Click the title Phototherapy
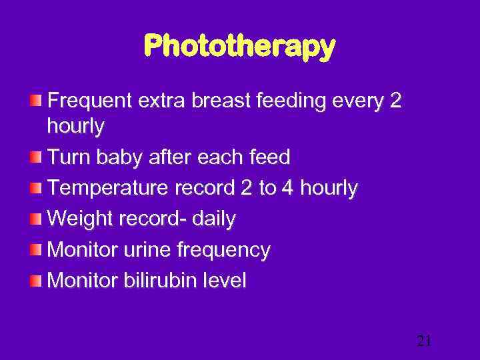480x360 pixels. click(x=239, y=47)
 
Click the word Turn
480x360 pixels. click(x=69, y=157)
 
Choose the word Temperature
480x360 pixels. click(x=109, y=189)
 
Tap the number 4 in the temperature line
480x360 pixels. click(x=287, y=189)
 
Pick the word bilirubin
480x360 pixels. click(x=155, y=281)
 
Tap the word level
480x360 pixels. click(x=222, y=281)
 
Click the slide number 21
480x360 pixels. click(x=424, y=341)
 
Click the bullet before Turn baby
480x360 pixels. click(x=35, y=157)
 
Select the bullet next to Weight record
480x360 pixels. click(x=35, y=219)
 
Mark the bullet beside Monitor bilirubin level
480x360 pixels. click(x=35, y=281)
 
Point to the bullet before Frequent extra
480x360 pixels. click(x=35, y=101)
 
